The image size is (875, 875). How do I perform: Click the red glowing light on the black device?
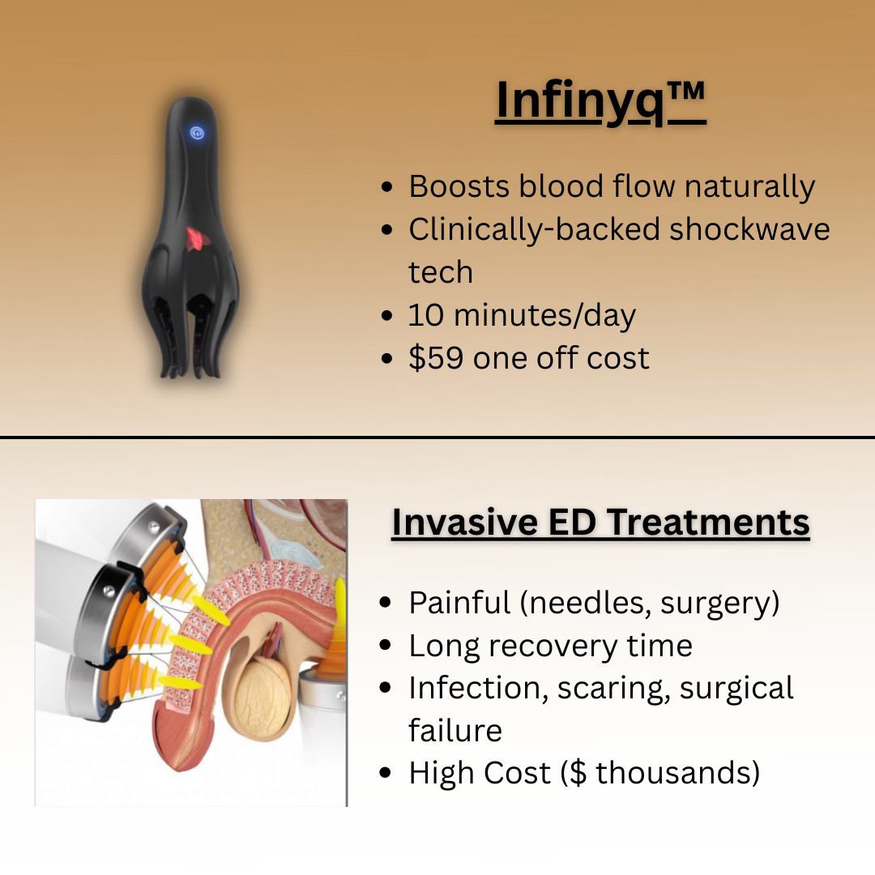pyautogui.click(x=194, y=237)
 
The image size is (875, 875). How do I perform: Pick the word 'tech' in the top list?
pyautogui.click(x=440, y=272)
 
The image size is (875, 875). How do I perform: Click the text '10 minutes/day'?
pyautogui.click(x=522, y=315)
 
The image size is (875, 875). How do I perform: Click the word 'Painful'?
pyautogui.click(x=460, y=603)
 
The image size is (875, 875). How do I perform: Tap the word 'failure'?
pyautogui.click(x=455, y=731)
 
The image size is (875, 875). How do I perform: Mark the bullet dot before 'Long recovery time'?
pyautogui.click(x=387, y=647)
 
